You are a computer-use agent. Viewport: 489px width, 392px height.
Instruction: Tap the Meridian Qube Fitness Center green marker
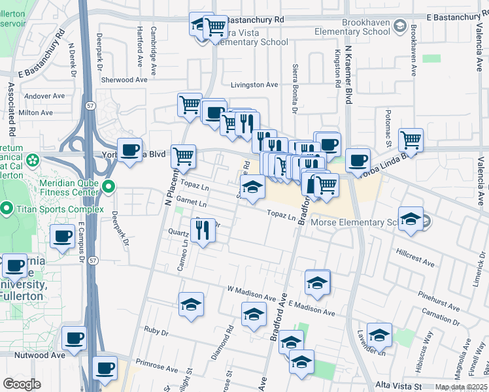click(109, 188)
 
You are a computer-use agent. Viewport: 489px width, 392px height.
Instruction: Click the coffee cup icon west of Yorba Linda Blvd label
click(129, 150)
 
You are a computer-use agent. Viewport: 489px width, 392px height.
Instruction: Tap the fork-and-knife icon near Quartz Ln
click(202, 229)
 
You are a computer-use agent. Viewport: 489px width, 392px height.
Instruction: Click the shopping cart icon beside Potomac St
click(411, 139)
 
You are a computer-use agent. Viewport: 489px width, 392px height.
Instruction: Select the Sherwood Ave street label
click(124, 80)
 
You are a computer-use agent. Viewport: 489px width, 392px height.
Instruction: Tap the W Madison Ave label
click(252, 289)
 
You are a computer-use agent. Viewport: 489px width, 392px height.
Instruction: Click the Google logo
click(22, 384)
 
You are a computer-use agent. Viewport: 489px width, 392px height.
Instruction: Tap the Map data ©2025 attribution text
click(461, 387)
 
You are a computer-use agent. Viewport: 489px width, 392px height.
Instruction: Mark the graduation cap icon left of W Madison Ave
click(191, 304)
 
